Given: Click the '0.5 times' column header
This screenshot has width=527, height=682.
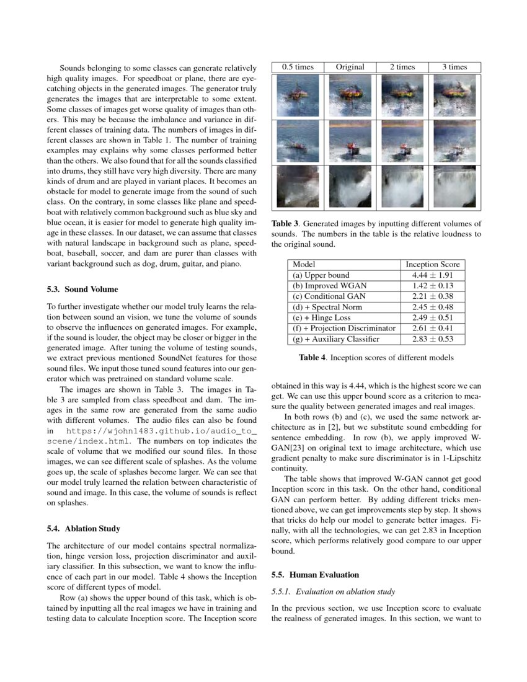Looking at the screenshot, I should click(x=298, y=67).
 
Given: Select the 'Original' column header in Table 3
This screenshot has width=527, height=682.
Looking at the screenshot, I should click(x=350, y=67).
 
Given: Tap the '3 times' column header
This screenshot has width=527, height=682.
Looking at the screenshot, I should click(x=454, y=67).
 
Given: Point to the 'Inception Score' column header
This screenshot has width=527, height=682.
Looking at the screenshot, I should click(x=433, y=264).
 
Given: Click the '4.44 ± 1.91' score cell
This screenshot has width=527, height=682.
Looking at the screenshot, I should click(x=433, y=275).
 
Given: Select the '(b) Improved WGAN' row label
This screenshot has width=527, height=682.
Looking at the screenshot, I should click(x=329, y=285).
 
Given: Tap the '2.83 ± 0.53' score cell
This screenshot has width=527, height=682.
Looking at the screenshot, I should click(x=433, y=339).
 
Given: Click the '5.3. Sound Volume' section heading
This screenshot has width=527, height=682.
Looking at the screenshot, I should click(x=82, y=289).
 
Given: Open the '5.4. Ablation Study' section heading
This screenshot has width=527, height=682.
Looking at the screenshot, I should click(x=84, y=528).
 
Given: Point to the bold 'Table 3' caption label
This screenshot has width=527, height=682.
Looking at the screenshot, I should click(x=285, y=224).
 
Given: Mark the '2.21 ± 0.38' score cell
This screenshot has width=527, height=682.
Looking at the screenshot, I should click(x=433, y=296).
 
